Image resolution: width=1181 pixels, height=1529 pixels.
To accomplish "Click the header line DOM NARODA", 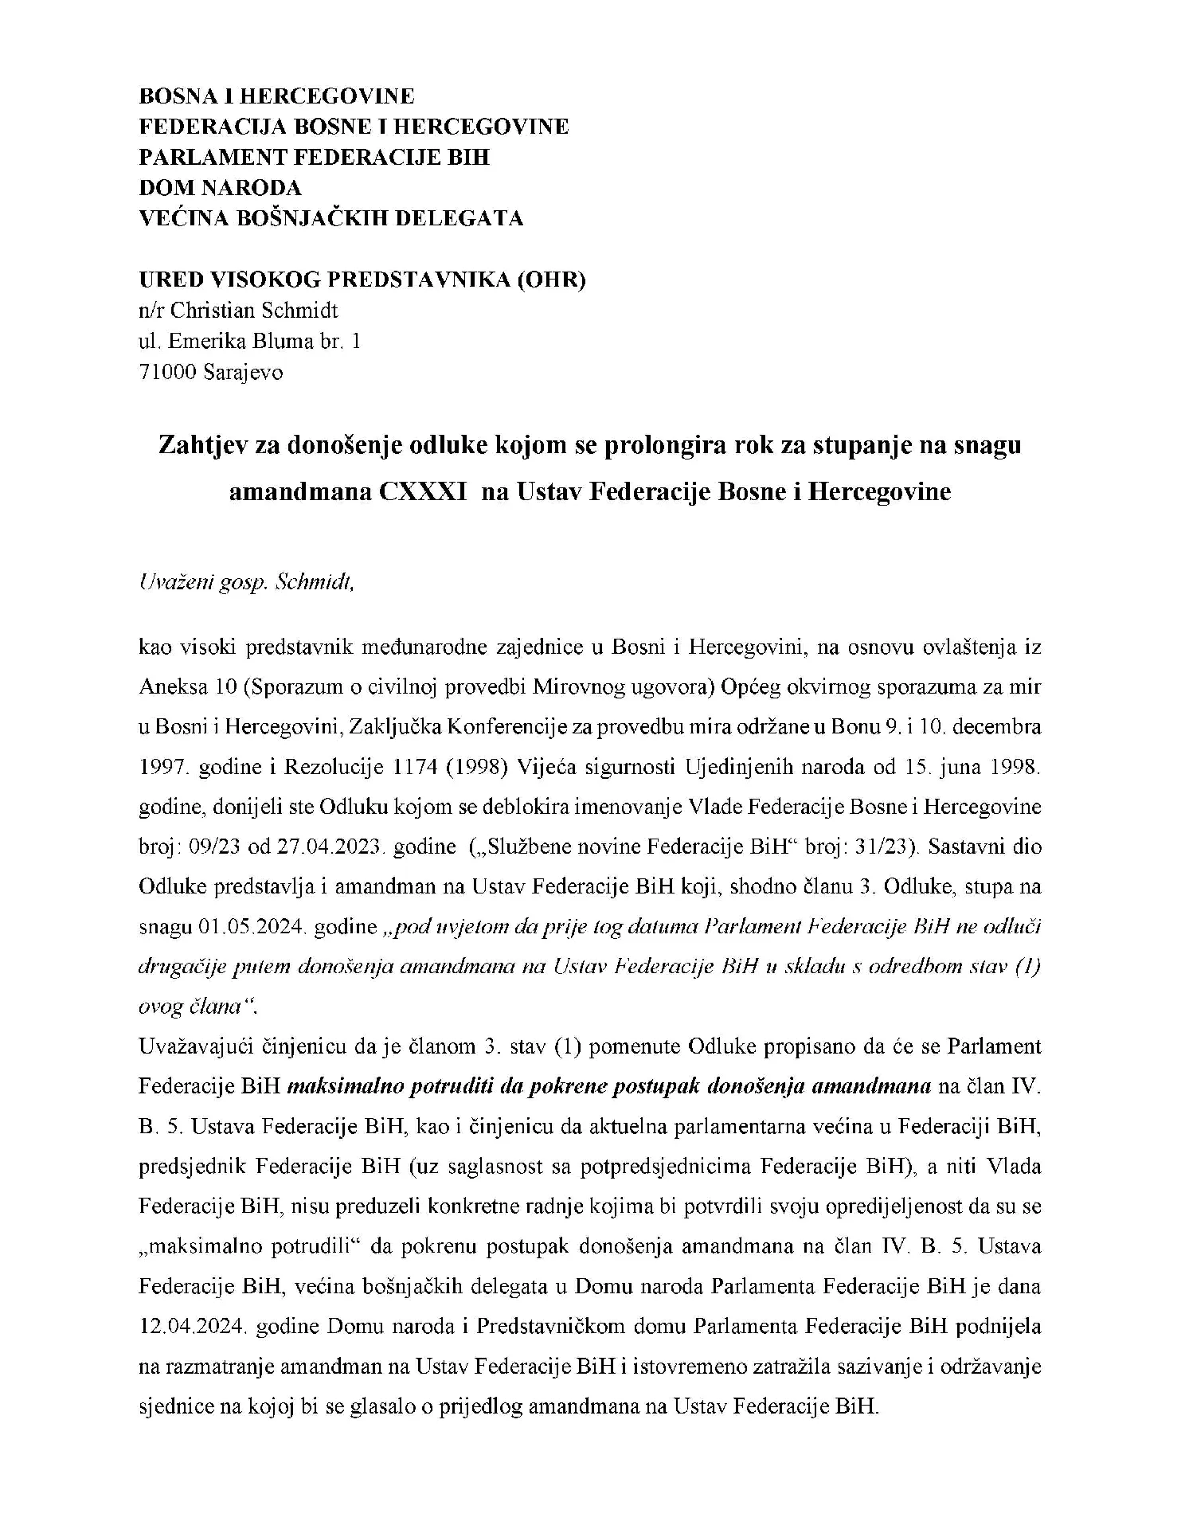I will tap(221, 188).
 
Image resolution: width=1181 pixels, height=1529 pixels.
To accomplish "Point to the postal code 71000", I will tap(168, 372).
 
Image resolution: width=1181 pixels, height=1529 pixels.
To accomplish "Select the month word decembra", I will tap(1002, 726).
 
